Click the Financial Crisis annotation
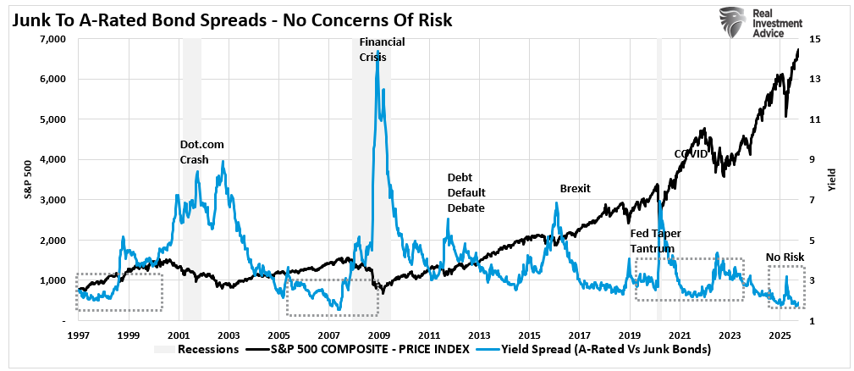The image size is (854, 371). (x=383, y=49)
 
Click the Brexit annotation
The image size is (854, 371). (x=575, y=188)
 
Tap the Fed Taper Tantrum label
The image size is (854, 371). (x=655, y=240)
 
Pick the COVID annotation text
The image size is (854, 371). (x=690, y=153)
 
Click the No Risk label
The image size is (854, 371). (x=784, y=257)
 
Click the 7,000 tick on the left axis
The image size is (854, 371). (x=52, y=39)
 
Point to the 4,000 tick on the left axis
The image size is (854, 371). (x=52, y=159)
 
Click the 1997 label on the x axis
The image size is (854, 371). (x=78, y=335)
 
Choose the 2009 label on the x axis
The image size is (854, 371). (x=380, y=335)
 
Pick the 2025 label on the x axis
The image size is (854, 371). (x=781, y=335)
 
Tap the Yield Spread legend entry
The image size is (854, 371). (x=600, y=349)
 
